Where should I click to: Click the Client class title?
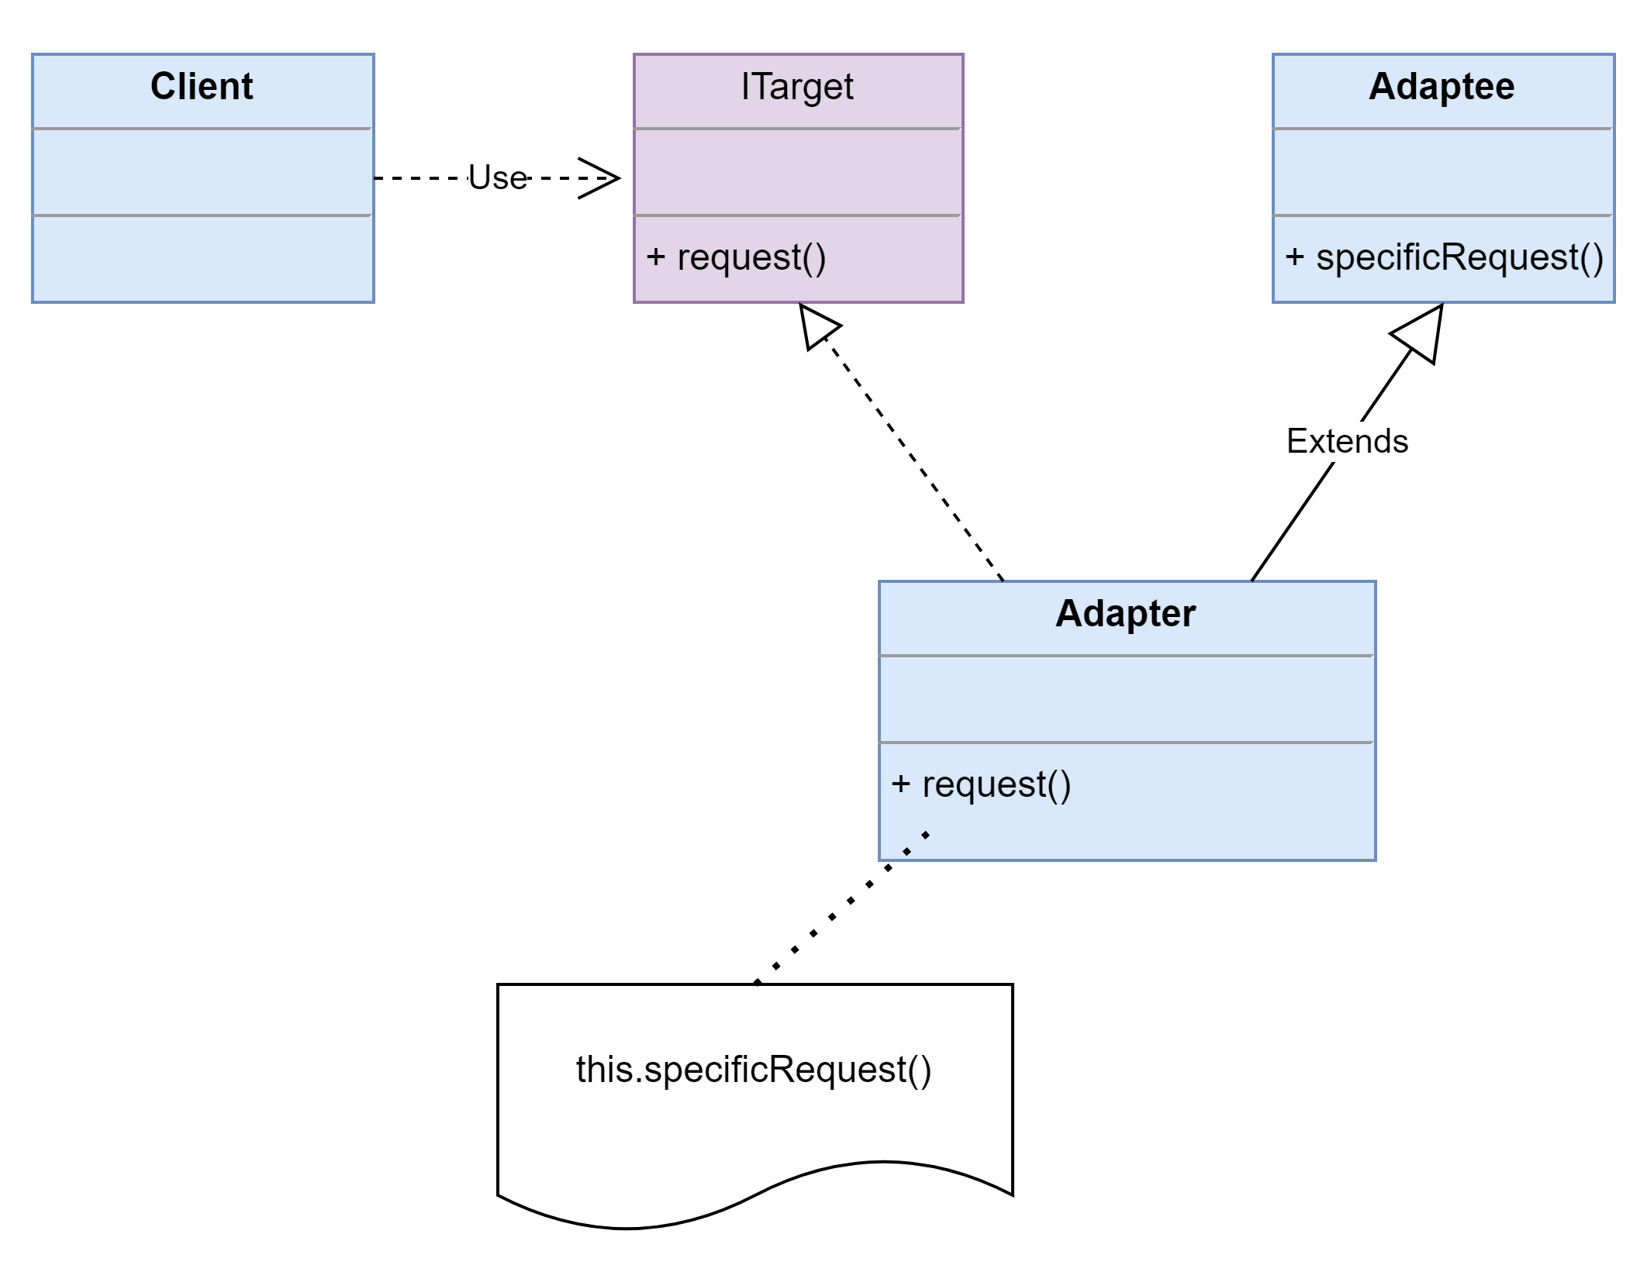tap(202, 86)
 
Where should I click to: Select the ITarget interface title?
tap(797, 87)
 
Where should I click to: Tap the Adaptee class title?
tap(1442, 86)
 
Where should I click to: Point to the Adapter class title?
tap(1125, 614)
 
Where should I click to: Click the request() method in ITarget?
tap(736, 257)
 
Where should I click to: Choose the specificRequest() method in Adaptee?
tap(1444, 257)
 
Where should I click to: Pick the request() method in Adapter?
tap(981, 784)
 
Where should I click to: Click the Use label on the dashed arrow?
tap(498, 178)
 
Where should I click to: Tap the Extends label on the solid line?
tap(1347, 441)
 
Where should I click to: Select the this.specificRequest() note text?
tap(754, 1070)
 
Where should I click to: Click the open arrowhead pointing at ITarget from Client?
tap(599, 178)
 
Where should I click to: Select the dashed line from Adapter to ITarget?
tap(913, 459)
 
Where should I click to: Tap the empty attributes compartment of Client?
tap(203, 172)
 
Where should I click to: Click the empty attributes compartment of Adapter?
tap(1127, 699)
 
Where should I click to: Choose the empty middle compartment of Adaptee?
tap(1443, 172)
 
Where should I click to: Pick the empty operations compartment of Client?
tap(203, 259)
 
